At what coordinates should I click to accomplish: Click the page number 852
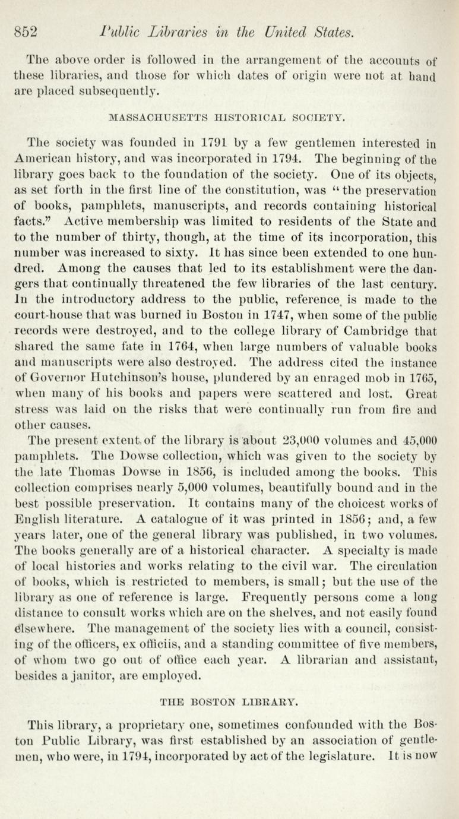27,31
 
